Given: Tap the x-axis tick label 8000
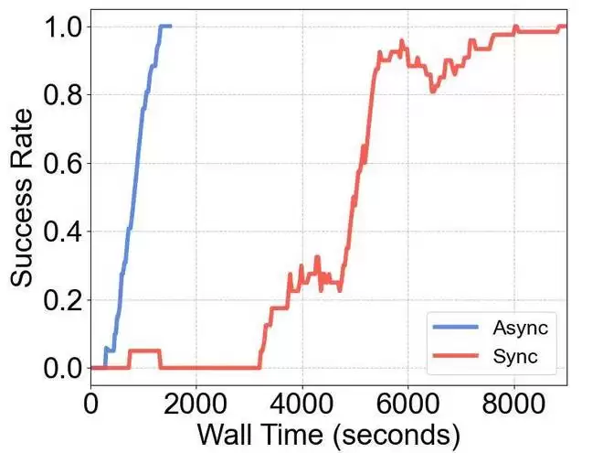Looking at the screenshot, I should pos(514,403).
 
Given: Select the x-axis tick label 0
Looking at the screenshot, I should pos(90,403).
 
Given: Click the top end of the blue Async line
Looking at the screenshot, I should pos(170,27).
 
